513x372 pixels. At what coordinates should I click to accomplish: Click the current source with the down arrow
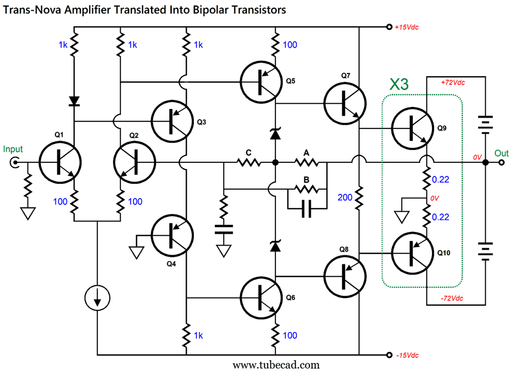click(97, 299)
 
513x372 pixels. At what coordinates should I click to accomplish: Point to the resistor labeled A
click(307, 163)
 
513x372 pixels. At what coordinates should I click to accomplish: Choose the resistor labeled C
click(249, 163)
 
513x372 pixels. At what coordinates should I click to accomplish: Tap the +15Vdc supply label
click(406, 27)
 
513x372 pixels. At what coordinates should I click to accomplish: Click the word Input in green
click(13, 150)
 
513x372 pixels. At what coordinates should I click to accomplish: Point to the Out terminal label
click(501, 153)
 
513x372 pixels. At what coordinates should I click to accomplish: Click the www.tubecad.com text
click(276, 365)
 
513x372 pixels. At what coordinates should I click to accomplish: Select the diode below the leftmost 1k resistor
click(74, 100)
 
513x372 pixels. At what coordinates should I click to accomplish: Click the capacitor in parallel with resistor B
click(307, 209)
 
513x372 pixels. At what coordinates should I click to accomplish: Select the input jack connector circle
click(14, 163)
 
